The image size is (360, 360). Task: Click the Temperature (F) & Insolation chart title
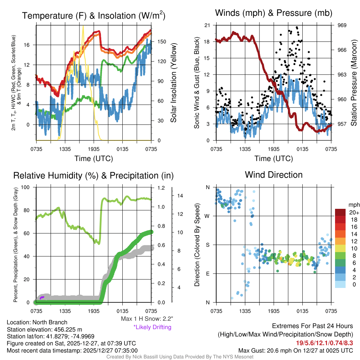tap(94, 15)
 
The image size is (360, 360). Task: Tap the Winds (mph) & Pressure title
tap(274, 13)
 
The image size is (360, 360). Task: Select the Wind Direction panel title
tap(274, 175)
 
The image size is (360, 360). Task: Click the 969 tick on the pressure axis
tap(342, 25)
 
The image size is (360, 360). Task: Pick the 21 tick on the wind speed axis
tap(207, 25)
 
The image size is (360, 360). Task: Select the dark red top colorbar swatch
tap(340, 212)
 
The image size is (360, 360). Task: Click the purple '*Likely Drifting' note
tap(152, 327)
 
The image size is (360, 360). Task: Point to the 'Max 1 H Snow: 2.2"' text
tap(147, 319)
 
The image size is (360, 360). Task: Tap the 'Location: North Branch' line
tap(37, 322)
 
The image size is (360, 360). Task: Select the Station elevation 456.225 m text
tap(44, 329)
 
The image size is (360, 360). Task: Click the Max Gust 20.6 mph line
tap(295, 350)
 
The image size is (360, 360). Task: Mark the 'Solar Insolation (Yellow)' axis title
tap(173, 83)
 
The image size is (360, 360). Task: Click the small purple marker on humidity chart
tap(42, 298)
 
